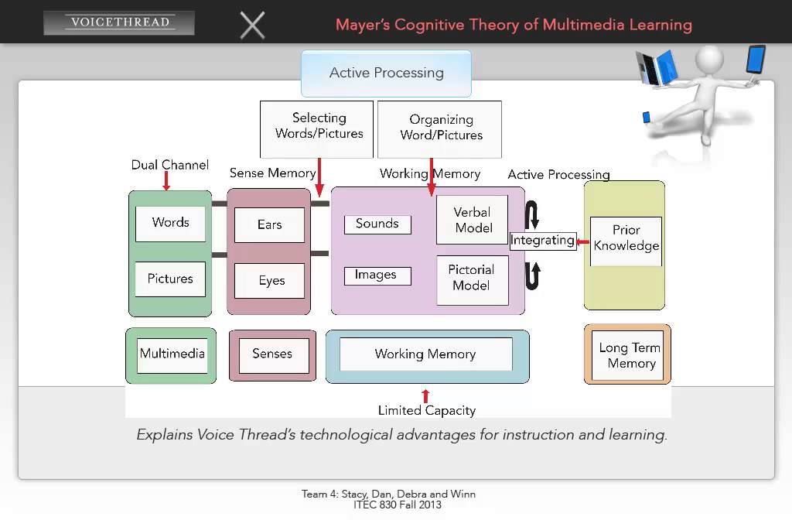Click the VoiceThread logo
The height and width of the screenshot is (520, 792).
(x=119, y=22)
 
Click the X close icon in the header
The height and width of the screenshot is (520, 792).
(x=252, y=25)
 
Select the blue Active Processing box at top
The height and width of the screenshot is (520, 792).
(x=386, y=73)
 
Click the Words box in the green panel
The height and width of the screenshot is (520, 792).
(x=170, y=223)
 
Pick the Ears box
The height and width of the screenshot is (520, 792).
(x=269, y=225)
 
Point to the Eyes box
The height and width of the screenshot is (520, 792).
(x=271, y=281)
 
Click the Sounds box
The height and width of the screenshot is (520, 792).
(x=377, y=224)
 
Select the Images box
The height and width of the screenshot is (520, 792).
(x=377, y=275)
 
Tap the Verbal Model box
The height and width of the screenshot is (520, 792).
(x=472, y=221)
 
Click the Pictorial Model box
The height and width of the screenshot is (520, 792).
(x=472, y=279)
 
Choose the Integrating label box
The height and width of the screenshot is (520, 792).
(x=542, y=241)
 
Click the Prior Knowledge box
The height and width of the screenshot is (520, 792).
(x=626, y=239)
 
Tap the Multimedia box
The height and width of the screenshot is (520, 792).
(x=172, y=355)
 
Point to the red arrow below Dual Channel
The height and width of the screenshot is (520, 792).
(x=166, y=182)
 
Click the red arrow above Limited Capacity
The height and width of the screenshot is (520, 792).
(x=425, y=396)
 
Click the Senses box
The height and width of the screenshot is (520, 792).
(x=272, y=355)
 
